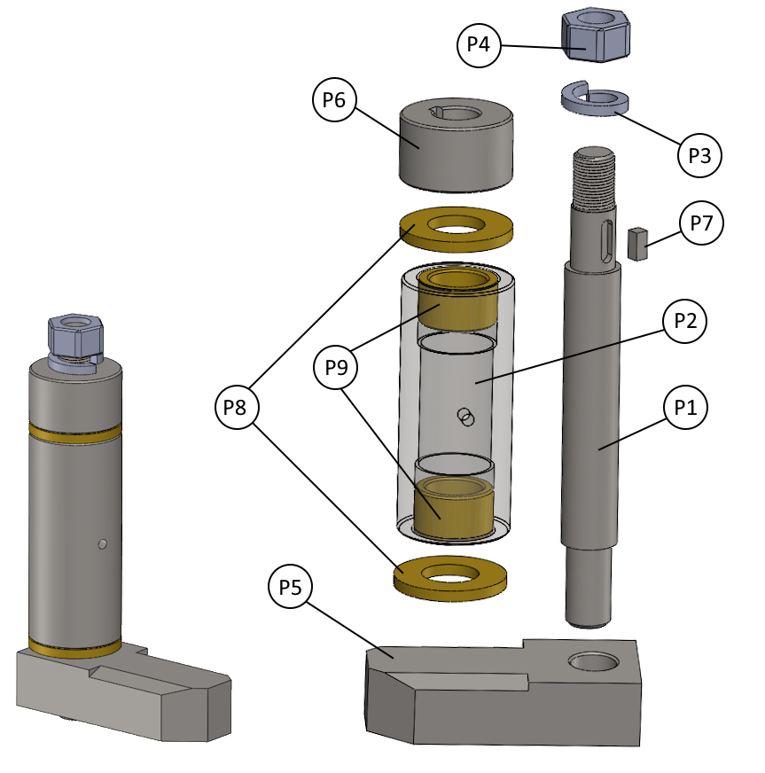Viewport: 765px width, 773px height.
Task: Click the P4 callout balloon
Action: tap(479, 43)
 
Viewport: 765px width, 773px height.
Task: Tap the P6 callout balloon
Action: tap(334, 100)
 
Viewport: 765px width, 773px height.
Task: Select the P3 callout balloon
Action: tap(700, 156)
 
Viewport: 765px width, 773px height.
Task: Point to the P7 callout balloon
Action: tap(701, 223)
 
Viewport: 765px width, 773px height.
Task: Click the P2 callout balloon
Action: tap(684, 322)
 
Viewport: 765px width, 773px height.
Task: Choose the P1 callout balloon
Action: tap(684, 408)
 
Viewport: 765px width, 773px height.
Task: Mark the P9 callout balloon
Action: tap(336, 366)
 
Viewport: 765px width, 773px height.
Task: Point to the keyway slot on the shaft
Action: tap(605, 242)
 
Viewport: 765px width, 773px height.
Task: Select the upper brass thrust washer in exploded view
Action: tap(457, 229)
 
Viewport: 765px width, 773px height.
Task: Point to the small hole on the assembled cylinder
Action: tap(104, 543)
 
